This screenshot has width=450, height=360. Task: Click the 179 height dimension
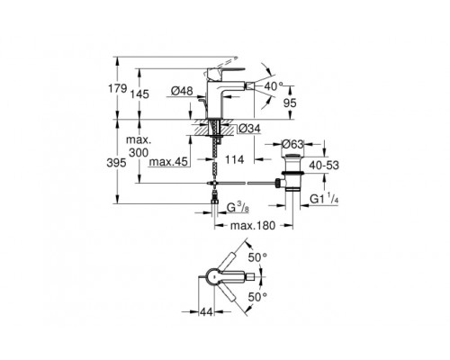(118, 88)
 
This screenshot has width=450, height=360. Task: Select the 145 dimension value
(139, 94)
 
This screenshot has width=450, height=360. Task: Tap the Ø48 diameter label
(182, 91)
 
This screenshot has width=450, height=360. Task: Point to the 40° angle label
(274, 86)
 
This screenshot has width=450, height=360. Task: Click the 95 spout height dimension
(290, 103)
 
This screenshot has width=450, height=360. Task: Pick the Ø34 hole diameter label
(249, 129)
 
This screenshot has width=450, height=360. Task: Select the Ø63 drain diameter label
(292, 144)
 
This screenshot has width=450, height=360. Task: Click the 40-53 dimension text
(324, 165)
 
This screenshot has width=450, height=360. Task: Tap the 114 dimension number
(235, 159)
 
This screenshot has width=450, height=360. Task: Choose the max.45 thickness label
(168, 162)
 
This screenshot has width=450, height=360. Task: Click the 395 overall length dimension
(116, 163)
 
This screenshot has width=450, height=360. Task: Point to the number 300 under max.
(139, 153)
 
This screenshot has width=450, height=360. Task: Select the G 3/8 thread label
(238, 207)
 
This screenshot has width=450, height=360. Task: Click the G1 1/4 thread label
(324, 199)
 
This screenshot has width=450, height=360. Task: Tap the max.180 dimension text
(253, 226)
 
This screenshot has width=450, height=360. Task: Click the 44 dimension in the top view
(206, 311)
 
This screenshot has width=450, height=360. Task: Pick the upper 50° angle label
(257, 257)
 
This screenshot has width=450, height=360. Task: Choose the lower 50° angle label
(257, 297)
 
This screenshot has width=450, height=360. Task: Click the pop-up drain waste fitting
(290, 173)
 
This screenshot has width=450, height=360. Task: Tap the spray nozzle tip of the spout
(249, 87)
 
